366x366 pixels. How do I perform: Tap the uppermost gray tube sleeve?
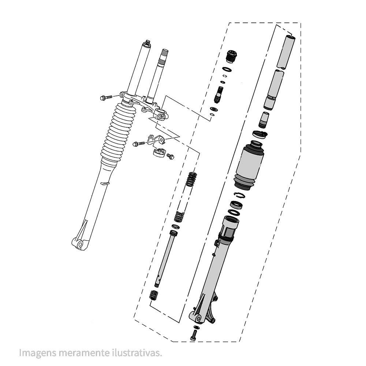coord(286,51)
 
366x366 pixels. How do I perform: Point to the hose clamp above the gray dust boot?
coord(260,134)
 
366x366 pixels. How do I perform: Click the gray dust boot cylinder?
coord(250,164)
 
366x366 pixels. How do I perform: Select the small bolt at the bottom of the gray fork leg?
coord(193,334)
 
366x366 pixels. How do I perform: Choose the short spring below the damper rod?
coord(154,294)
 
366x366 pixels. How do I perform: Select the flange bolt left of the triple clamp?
coord(106,98)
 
